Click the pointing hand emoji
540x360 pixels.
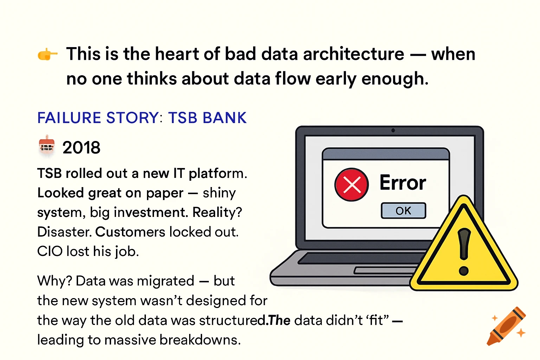tap(47, 54)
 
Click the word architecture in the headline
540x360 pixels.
tap(353, 54)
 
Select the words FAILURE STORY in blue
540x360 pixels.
tap(98, 118)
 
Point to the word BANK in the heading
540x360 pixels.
tap(224, 118)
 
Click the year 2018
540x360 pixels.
tap(81, 148)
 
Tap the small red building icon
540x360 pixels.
tap(47, 145)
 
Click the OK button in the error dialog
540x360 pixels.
tap(403, 211)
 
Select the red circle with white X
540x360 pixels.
tap(352, 185)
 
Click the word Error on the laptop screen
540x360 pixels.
tap(403, 182)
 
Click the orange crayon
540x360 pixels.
tap(506, 326)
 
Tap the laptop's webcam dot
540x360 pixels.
tap(393, 130)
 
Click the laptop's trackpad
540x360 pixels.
tap(386, 270)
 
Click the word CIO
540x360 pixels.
tap(50, 251)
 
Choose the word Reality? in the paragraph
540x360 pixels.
tap(217, 212)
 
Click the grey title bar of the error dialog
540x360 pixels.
tap(386, 154)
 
